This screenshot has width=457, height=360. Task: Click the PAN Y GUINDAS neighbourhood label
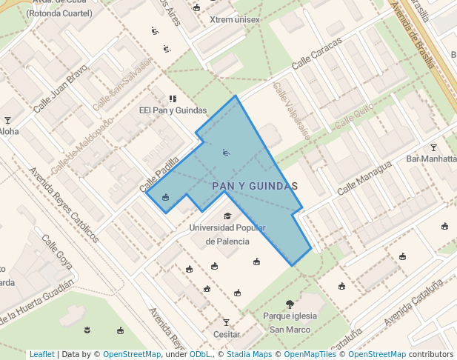coord(255,186)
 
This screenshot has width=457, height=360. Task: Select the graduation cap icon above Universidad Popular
coord(227,216)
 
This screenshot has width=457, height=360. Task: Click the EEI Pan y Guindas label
coord(173,110)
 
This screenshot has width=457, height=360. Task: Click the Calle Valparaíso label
coord(290,105)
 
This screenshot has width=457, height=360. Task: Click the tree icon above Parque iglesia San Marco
coord(290,304)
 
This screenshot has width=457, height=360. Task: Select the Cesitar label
coord(227,335)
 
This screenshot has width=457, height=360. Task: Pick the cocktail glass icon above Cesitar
coord(227,322)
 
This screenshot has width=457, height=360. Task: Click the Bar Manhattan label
coord(432,159)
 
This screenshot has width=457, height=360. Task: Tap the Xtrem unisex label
coord(235,19)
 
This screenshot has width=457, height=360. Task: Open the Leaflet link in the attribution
coord(41,355)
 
